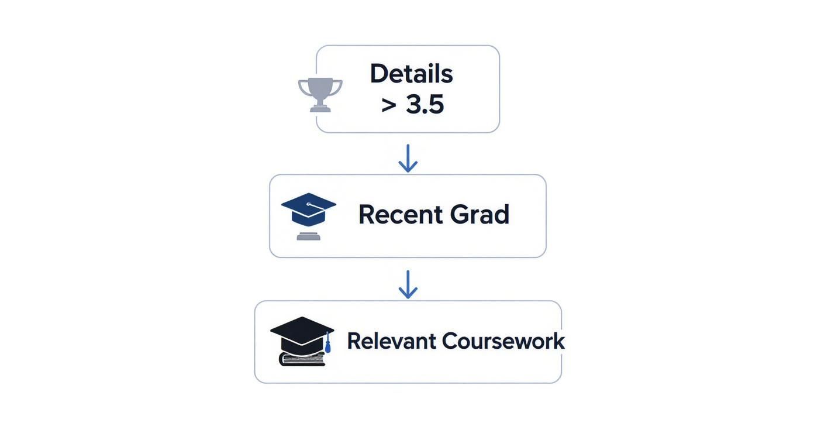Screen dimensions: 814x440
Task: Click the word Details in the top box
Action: click(x=411, y=74)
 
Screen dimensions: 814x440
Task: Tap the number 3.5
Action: click(x=425, y=105)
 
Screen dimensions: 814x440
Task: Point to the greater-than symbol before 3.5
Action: click(x=389, y=105)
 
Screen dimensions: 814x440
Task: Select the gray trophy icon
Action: click(x=320, y=94)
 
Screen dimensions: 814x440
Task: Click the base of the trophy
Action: click(x=320, y=108)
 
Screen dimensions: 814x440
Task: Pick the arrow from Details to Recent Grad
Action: click(x=408, y=158)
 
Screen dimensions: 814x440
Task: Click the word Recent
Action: click(x=400, y=215)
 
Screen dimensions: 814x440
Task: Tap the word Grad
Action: click(x=480, y=215)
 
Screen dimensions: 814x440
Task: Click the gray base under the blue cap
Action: click(x=308, y=236)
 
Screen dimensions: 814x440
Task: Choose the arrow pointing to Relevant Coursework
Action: click(x=408, y=284)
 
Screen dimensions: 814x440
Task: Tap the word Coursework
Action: click(x=503, y=341)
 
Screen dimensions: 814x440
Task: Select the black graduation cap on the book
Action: click(x=302, y=334)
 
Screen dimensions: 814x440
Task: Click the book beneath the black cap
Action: click(x=302, y=359)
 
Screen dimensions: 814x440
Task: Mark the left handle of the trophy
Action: click(x=303, y=87)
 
